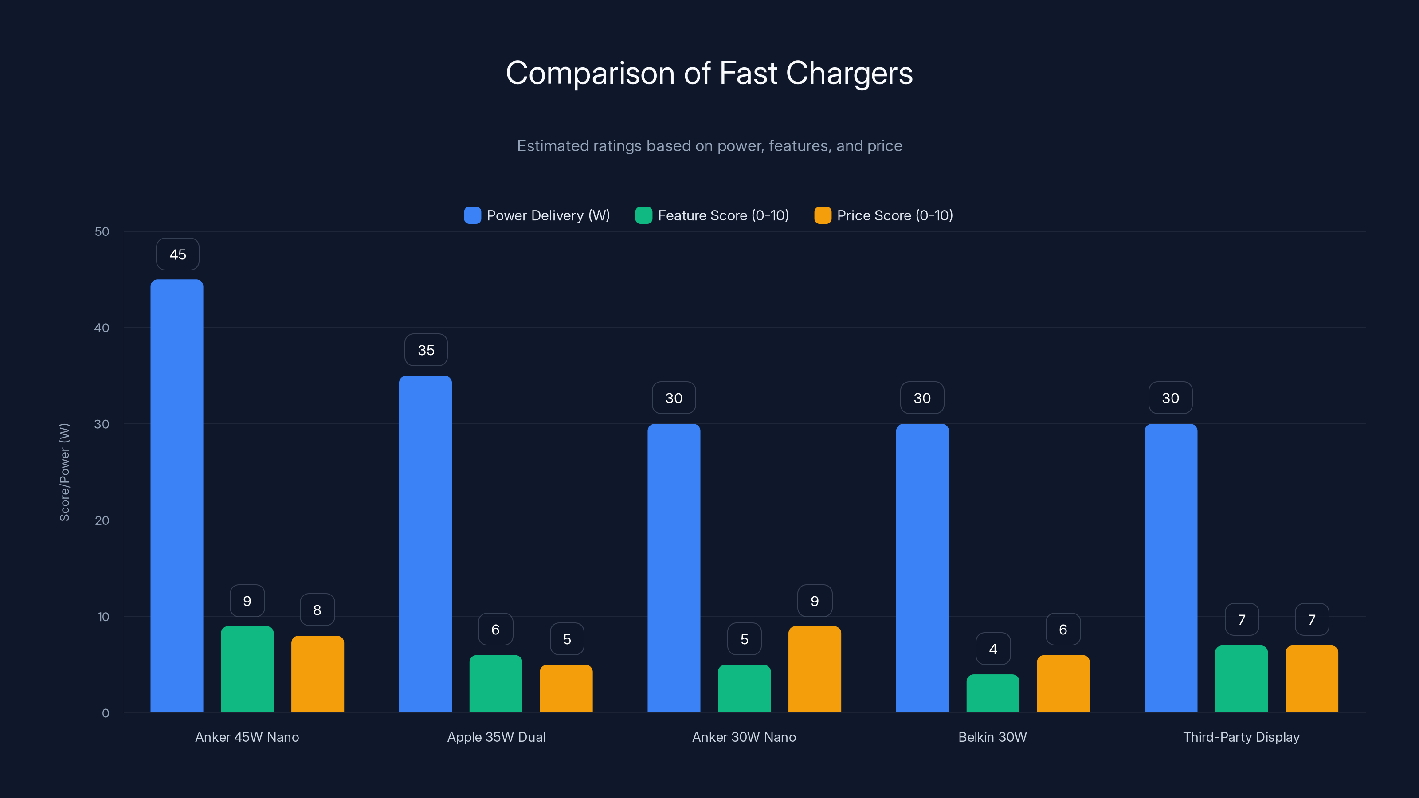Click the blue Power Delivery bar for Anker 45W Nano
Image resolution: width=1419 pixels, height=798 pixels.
coord(177,496)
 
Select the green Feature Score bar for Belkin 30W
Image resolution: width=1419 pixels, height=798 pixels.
coord(993,693)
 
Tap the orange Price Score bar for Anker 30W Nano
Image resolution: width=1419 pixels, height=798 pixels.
coord(814,669)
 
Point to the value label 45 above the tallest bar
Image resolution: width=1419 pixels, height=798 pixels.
coord(177,254)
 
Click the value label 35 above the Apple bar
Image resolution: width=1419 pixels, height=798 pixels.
coord(426,350)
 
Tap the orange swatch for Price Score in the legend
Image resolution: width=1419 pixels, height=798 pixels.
coord(823,215)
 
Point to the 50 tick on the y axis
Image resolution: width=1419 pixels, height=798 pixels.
coord(102,231)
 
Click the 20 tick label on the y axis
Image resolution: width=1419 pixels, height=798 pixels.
coord(102,520)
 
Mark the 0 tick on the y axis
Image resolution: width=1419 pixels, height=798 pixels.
coord(105,713)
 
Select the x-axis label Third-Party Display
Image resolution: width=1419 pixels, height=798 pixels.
coord(1241,737)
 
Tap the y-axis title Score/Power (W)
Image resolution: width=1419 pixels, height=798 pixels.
coord(64,472)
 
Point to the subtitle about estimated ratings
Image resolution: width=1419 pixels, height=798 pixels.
coord(709,146)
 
